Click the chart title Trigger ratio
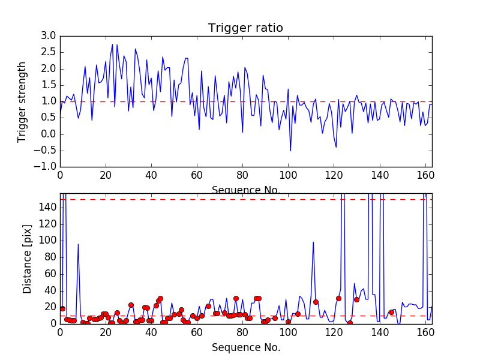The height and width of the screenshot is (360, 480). pyautogui.click(x=245, y=28)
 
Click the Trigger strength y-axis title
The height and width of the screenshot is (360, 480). pyautogui.click(x=22, y=101)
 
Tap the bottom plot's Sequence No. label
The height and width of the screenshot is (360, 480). pyautogui.click(x=245, y=347)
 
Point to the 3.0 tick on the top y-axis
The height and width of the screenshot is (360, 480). pyautogui.click(x=49, y=36)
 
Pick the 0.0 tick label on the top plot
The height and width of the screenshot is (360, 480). pyautogui.click(x=49, y=134)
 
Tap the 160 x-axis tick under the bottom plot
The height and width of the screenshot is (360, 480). pyautogui.click(x=425, y=332)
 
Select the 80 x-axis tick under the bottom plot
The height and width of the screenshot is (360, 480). pyautogui.click(x=242, y=332)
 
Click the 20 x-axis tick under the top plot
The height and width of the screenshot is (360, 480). pyautogui.click(x=106, y=175)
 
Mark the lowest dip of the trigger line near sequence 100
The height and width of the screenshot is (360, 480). pyautogui.click(x=290, y=151)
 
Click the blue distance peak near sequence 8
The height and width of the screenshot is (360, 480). pyautogui.click(x=78, y=244)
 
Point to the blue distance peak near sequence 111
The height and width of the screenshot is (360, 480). pyautogui.click(x=313, y=242)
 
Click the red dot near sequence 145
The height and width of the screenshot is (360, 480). pyautogui.click(x=391, y=312)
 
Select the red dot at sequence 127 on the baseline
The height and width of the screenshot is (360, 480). pyautogui.click(x=350, y=323)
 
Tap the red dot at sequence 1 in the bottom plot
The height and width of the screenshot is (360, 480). pyautogui.click(x=62, y=308)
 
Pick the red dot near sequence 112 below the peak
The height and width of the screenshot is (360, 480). pyautogui.click(x=316, y=302)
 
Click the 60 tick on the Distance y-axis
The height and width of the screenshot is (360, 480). pyautogui.click(x=50, y=274)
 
